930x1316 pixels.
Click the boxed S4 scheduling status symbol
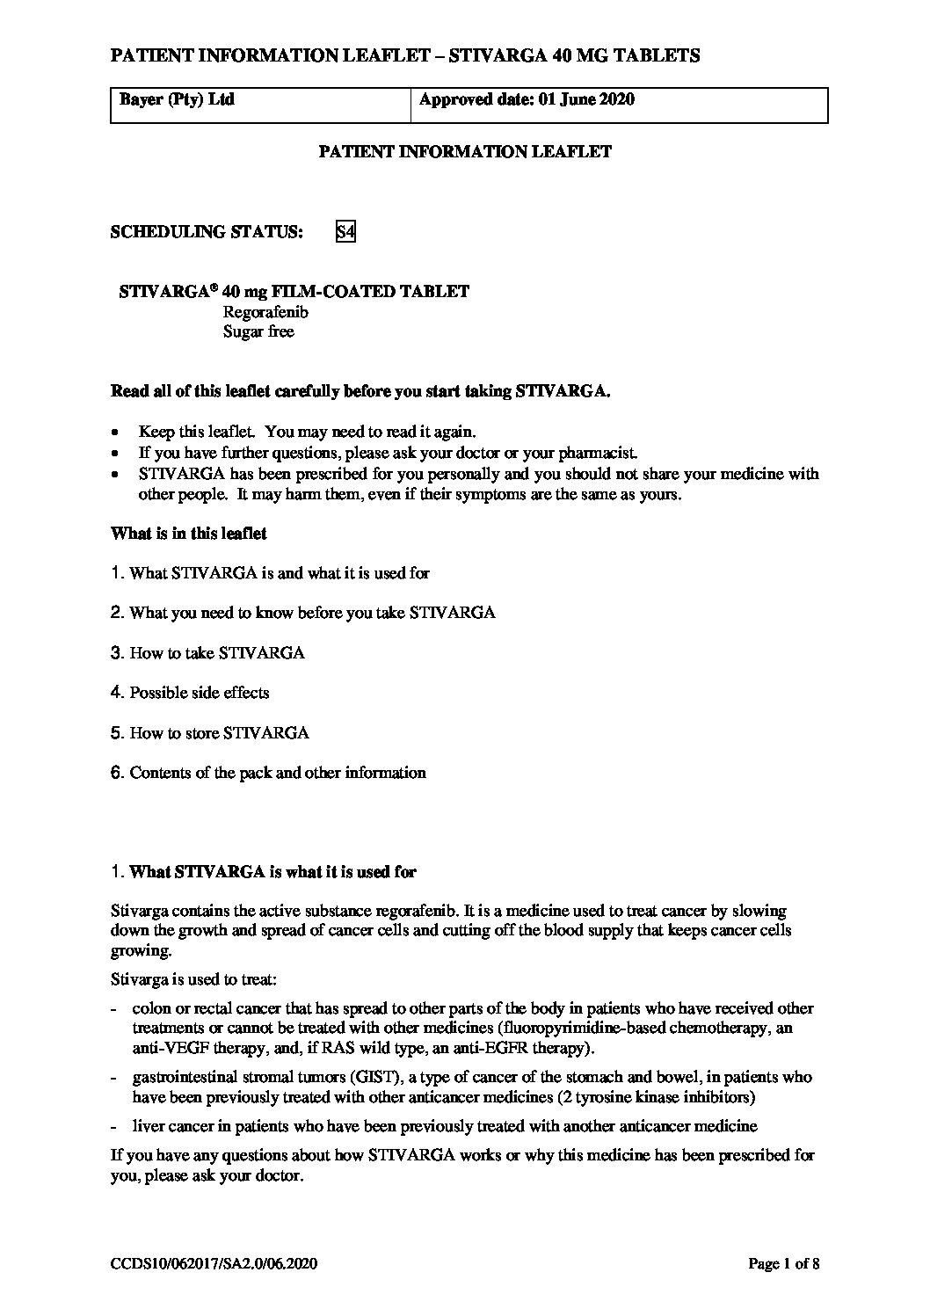pyautogui.click(x=345, y=232)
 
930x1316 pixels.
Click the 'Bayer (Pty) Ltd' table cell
pyautogui.click(x=177, y=99)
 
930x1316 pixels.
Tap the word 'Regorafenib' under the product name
pyautogui.click(x=265, y=312)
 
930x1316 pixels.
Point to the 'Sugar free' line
pyautogui.click(x=258, y=331)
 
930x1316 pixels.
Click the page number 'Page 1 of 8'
pyautogui.click(x=783, y=1264)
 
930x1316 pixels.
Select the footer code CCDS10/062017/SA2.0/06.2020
pyautogui.click(x=213, y=1264)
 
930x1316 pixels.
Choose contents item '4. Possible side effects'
pyautogui.click(x=190, y=693)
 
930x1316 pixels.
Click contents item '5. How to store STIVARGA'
pyautogui.click(x=210, y=732)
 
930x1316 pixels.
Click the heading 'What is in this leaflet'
pyautogui.click(x=188, y=533)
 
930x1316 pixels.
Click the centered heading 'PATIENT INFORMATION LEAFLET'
pyautogui.click(x=464, y=151)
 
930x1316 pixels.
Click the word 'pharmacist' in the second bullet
pyautogui.click(x=599, y=454)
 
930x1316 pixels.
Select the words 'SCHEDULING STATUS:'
pyautogui.click(x=207, y=232)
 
